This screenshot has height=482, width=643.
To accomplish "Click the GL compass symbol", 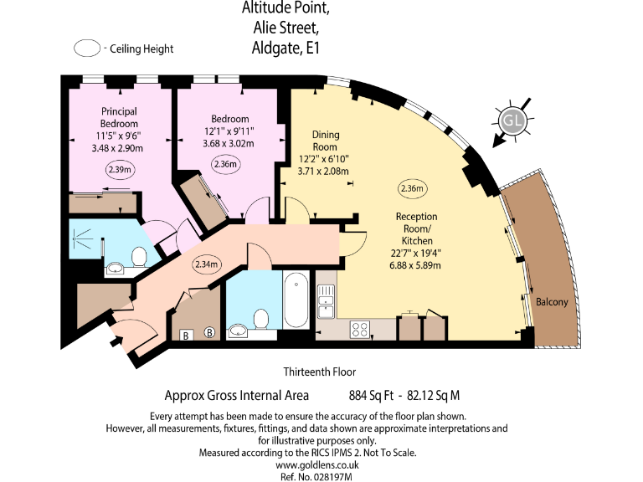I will (512, 121).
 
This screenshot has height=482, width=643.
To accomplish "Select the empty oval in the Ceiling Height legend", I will (87, 49).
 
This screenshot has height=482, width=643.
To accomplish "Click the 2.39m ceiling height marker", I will (120, 171).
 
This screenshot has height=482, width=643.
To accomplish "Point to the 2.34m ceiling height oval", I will (206, 265).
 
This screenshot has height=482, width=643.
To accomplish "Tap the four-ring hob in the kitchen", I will (360, 330).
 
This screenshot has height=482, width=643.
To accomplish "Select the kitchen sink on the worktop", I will (326, 300).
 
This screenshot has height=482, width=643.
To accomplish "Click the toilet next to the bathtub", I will (262, 318).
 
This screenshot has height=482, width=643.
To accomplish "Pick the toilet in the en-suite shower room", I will (140, 255).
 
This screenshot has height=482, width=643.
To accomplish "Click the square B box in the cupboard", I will (185, 334).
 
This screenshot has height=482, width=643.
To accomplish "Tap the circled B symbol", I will (209, 333).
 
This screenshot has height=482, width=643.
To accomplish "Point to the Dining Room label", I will (325, 140).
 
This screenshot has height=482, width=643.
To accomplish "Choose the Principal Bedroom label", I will (119, 117).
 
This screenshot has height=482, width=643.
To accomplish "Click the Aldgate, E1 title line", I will (286, 49).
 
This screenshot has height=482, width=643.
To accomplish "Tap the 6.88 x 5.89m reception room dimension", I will (416, 265).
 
